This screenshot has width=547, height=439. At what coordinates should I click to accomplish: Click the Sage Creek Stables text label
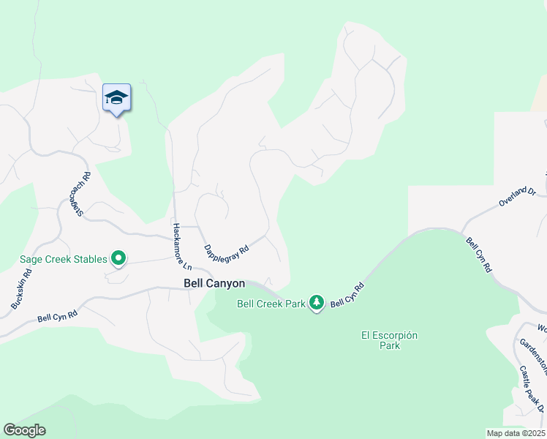63,258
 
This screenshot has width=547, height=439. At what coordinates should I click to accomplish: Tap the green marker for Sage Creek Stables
118,258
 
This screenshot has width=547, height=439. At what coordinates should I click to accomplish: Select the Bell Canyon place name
214,282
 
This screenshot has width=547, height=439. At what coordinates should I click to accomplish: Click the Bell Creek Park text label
271,304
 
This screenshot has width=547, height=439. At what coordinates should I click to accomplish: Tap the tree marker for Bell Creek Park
316,302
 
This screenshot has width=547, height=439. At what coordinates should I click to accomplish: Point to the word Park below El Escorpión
390,345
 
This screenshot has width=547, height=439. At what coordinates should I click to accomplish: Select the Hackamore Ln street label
181,245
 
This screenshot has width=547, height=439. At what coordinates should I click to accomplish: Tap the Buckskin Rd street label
21,289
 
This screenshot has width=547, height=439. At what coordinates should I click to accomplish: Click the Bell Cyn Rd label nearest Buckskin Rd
58,317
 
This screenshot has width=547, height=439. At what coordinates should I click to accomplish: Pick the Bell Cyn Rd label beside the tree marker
347,296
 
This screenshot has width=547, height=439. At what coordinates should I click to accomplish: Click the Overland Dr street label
518,197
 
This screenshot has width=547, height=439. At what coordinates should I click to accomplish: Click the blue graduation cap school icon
116,97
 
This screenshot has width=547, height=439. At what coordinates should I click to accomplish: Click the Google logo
24,430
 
